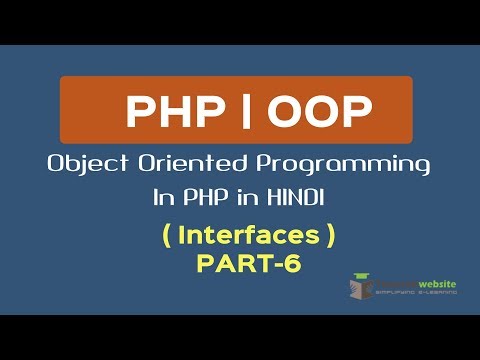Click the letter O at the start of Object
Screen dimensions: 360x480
57,164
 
